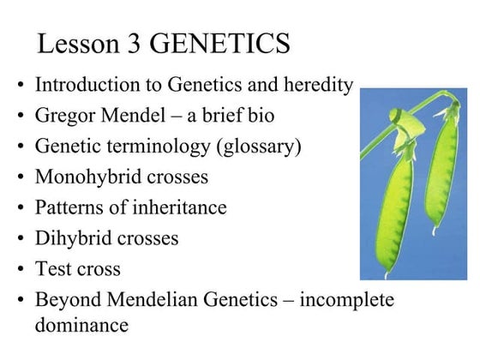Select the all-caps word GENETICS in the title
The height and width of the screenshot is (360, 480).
(x=225, y=43)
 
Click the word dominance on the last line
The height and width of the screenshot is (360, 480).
(x=81, y=326)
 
